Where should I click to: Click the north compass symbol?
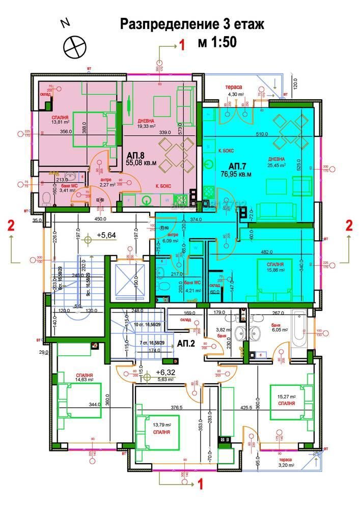click(73, 46)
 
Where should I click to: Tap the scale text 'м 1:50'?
click(217, 42)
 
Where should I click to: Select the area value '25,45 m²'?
click(278, 165)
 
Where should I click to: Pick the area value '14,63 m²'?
click(71, 379)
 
